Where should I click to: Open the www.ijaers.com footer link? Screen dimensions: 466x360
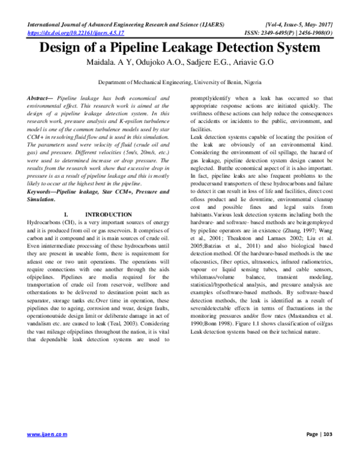point(47,433)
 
